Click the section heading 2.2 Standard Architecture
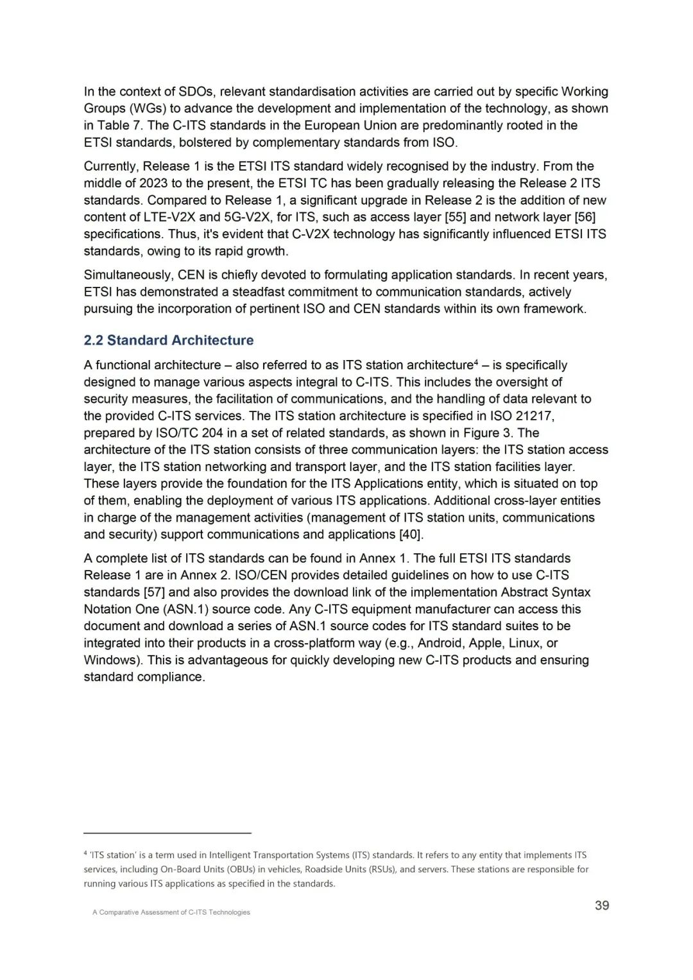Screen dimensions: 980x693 tap(168, 340)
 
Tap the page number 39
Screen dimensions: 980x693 tap(602, 906)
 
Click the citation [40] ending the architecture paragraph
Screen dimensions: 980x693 tap(411, 535)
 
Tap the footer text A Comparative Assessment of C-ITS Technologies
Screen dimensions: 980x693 tap(171, 912)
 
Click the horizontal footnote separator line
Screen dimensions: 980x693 tap(167, 833)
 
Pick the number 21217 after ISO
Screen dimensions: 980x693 tap(533, 416)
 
